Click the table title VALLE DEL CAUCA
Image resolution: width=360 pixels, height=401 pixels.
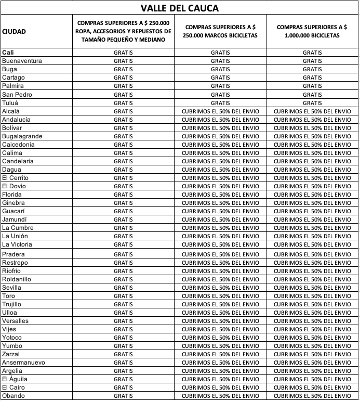[x=180, y=8]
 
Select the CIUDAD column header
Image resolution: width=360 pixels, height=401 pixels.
[x=14, y=31]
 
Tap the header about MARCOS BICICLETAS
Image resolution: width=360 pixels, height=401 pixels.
[x=220, y=31]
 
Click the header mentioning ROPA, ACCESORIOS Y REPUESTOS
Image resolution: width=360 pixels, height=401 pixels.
[x=123, y=31]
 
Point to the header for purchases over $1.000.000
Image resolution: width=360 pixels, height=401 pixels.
[x=312, y=31]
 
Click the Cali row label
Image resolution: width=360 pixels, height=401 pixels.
[x=8, y=53]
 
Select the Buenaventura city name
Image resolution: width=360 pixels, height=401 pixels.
[x=22, y=61]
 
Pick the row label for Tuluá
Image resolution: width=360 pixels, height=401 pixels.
[x=11, y=102]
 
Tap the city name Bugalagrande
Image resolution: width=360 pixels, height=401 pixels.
[x=22, y=136]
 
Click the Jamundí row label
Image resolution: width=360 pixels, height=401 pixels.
[x=15, y=219]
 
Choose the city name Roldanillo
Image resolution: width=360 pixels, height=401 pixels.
[x=17, y=279]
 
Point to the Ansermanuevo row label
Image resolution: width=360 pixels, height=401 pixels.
[x=23, y=363]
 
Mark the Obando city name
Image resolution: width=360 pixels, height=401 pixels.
[x=14, y=396]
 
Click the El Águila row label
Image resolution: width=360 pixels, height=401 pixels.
[x=15, y=379]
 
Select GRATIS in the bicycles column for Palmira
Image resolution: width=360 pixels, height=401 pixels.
[x=312, y=86]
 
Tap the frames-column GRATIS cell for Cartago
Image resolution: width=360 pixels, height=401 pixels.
[x=220, y=77]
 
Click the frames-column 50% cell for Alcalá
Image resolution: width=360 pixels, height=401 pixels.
[x=220, y=111]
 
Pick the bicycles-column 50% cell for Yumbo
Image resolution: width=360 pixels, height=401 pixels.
[x=312, y=346]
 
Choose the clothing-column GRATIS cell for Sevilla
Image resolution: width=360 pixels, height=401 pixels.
[x=123, y=288]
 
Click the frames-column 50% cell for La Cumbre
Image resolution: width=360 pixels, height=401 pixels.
[x=220, y=228]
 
